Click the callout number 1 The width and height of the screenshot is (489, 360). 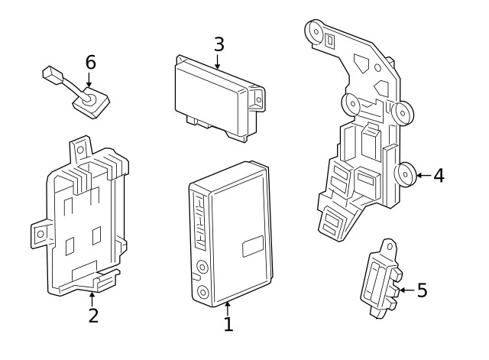[x=228, y=324]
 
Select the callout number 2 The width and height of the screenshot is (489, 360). [x=92, y=316]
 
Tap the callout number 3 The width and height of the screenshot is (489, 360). [x=219, y=44]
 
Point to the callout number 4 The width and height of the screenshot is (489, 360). [x=438, y=176]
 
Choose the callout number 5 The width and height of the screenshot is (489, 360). [x=422, y=290]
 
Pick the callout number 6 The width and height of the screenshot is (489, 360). [x=90, y=63]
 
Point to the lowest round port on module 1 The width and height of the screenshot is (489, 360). [x=202, y=293]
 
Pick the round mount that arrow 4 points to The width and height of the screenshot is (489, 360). [x=405, y=175]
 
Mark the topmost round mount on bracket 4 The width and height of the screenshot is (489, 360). [x=314, y=31]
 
